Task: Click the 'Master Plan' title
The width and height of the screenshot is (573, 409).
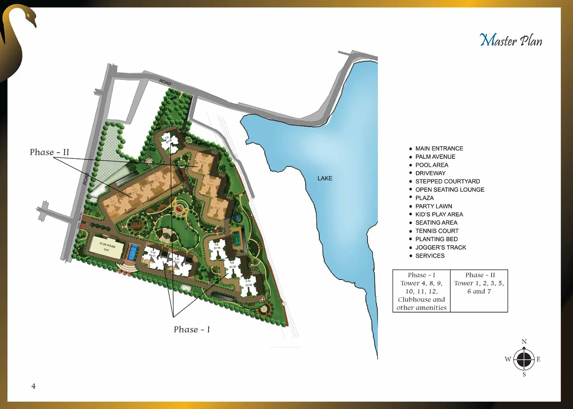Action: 511,40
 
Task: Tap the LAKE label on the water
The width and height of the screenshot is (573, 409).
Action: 325,178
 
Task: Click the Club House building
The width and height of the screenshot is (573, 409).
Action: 107,247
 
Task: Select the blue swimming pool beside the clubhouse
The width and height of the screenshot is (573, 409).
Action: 133,252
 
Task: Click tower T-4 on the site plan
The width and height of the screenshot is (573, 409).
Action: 168,141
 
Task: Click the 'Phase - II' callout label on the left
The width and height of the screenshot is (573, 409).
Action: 49,152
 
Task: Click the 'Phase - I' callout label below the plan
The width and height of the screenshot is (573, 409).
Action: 192,329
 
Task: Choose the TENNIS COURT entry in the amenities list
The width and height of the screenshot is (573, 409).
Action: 437,231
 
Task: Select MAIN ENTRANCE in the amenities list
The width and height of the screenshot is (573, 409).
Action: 439,148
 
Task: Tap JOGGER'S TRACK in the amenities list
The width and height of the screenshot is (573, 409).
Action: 441,247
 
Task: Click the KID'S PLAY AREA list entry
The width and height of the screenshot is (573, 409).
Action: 439,214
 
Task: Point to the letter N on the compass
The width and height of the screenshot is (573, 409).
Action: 524,341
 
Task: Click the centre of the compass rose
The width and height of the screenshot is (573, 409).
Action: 524,359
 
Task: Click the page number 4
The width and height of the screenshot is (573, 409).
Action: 34,386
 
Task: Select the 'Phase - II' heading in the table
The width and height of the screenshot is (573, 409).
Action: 480,275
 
